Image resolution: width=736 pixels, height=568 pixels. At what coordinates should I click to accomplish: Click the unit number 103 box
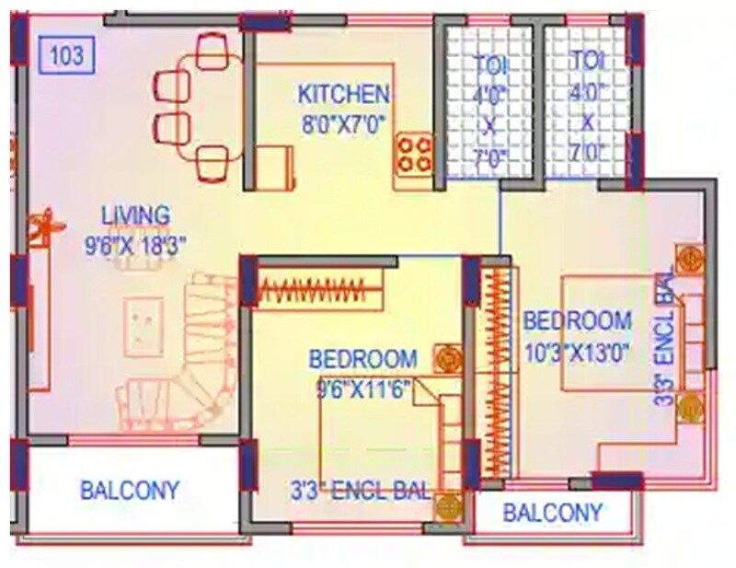(67, 56)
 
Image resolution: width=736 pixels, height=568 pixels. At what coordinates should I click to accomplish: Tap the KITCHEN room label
(343, 94)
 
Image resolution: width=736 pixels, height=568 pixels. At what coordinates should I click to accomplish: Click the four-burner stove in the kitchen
(415, 153)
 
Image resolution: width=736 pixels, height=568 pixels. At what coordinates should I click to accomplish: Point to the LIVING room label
(135, 215)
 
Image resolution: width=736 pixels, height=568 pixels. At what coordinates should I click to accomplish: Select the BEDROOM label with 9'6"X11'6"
(362, 358)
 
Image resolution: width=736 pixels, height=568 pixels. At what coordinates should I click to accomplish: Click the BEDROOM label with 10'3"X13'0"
(578, 321)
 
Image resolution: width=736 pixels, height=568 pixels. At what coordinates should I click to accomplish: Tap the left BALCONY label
(130, 489)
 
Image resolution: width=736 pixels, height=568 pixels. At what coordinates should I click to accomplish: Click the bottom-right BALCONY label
(553, 513)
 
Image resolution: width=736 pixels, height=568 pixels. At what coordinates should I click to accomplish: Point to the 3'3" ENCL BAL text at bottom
(361, 490)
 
